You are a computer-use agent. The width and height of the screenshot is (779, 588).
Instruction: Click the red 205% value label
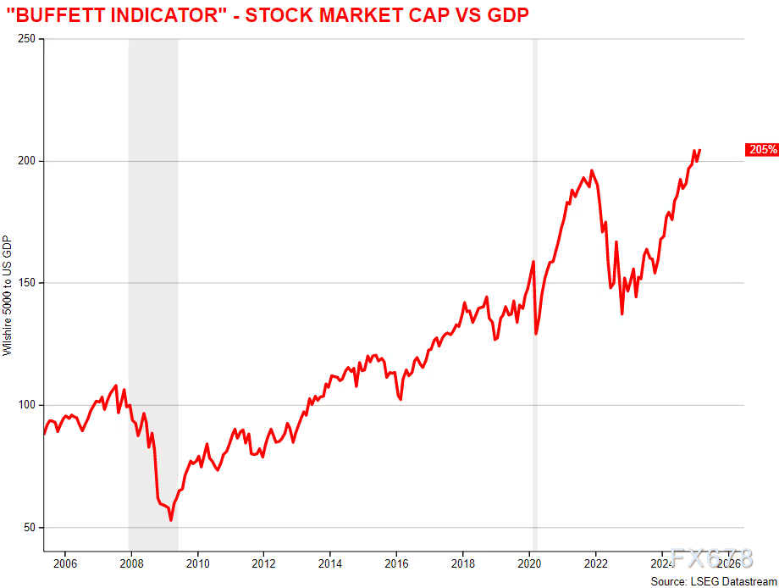[761, 150]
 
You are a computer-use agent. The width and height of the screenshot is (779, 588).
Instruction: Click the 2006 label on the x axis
[65, 563]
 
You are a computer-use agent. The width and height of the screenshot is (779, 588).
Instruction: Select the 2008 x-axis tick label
[131, 563]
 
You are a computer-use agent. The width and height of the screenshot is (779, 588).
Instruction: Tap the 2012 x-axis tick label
[264, 563]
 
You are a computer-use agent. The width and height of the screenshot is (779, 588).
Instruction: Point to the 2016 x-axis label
[396, 563]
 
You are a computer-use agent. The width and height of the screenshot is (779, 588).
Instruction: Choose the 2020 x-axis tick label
[529, 563]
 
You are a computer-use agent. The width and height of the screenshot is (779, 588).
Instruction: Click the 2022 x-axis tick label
[596, 563]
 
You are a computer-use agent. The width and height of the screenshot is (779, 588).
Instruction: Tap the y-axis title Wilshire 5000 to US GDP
[8, 296]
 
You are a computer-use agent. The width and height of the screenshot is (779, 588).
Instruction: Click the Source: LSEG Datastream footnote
[713, 581]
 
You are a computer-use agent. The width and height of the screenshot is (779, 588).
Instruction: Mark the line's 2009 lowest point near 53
[171, 519]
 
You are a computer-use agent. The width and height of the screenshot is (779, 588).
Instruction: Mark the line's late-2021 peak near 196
[591, 170]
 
